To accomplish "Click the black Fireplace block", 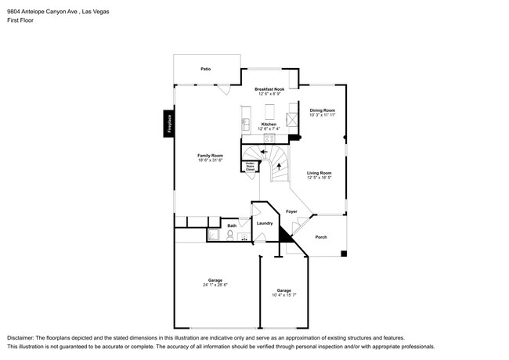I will pyautogui.click(x=167, y=124).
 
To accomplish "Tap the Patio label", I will pyautogui.click(x=205, y=69).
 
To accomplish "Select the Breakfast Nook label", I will pyautogui.click(x=269, y=90).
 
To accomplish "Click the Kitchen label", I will pyautogui.click(x=269, y=124).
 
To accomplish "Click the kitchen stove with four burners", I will pyautogui.click(x=291, y=120).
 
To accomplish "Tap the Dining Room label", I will pyautogui.click(x=322, y=110).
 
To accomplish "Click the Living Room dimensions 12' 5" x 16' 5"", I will pyautogui.click(x=319, y=178).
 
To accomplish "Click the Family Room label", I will pyautogui.click(x=210, y=155).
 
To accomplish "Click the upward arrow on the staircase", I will pyautogui.click(x=279, y=166).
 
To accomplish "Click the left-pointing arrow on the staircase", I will pyautogui.click(x=264, y=152).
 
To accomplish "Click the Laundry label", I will pyautogui.click(x=265, y=223).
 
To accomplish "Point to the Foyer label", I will pyautogui.click(x=291, y=211).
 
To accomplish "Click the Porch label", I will pyautogui.click(x=321, y=237).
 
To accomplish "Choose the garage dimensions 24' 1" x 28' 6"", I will pyautogui.click(x=215, y=285).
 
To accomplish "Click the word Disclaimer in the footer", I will pyautogui.click(x=23, y=336).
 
